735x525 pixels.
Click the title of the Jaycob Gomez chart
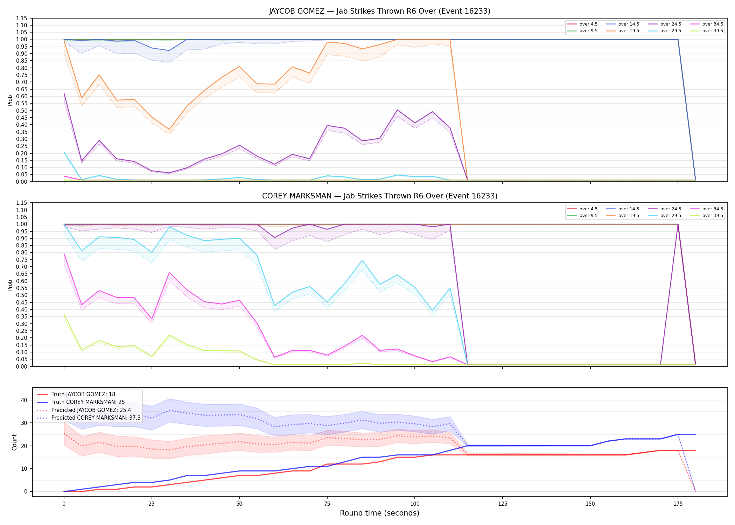pyautogui.click(x=380, y=11)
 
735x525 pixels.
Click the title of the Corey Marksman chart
pyautogui.click(x=380, y=196)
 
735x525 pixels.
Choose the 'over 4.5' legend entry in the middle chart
pyautogui.click(x=582, y=209)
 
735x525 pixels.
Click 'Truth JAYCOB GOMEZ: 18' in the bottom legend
pyautogui.click(x=76, y=394)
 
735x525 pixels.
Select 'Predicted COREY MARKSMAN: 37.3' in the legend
pyautogui.click(x=89, y=418)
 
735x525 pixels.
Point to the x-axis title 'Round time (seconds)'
pyautogui.click(x=379, y=513)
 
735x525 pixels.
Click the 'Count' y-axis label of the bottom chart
pyautogui.click(x=14, y=442)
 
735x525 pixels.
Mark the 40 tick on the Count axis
pyautogui.click(x=24, y=400)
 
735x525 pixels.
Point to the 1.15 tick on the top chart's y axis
pyautogui.click(x=22, y=18)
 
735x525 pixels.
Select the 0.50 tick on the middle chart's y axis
pyautogui.click(x=22, y=295)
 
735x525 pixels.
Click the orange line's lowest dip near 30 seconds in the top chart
pyautogui.click(x=169, y=129)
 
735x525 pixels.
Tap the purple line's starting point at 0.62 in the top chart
pyautogui.click(x=64, y=93)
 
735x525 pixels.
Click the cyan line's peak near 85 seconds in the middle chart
pyautogui.click(x=362, y=260)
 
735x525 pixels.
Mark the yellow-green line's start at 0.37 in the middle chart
pyautogui.click(x=64, y=314)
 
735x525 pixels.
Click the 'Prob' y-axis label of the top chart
pyautogui.click(x=10, y=100)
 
